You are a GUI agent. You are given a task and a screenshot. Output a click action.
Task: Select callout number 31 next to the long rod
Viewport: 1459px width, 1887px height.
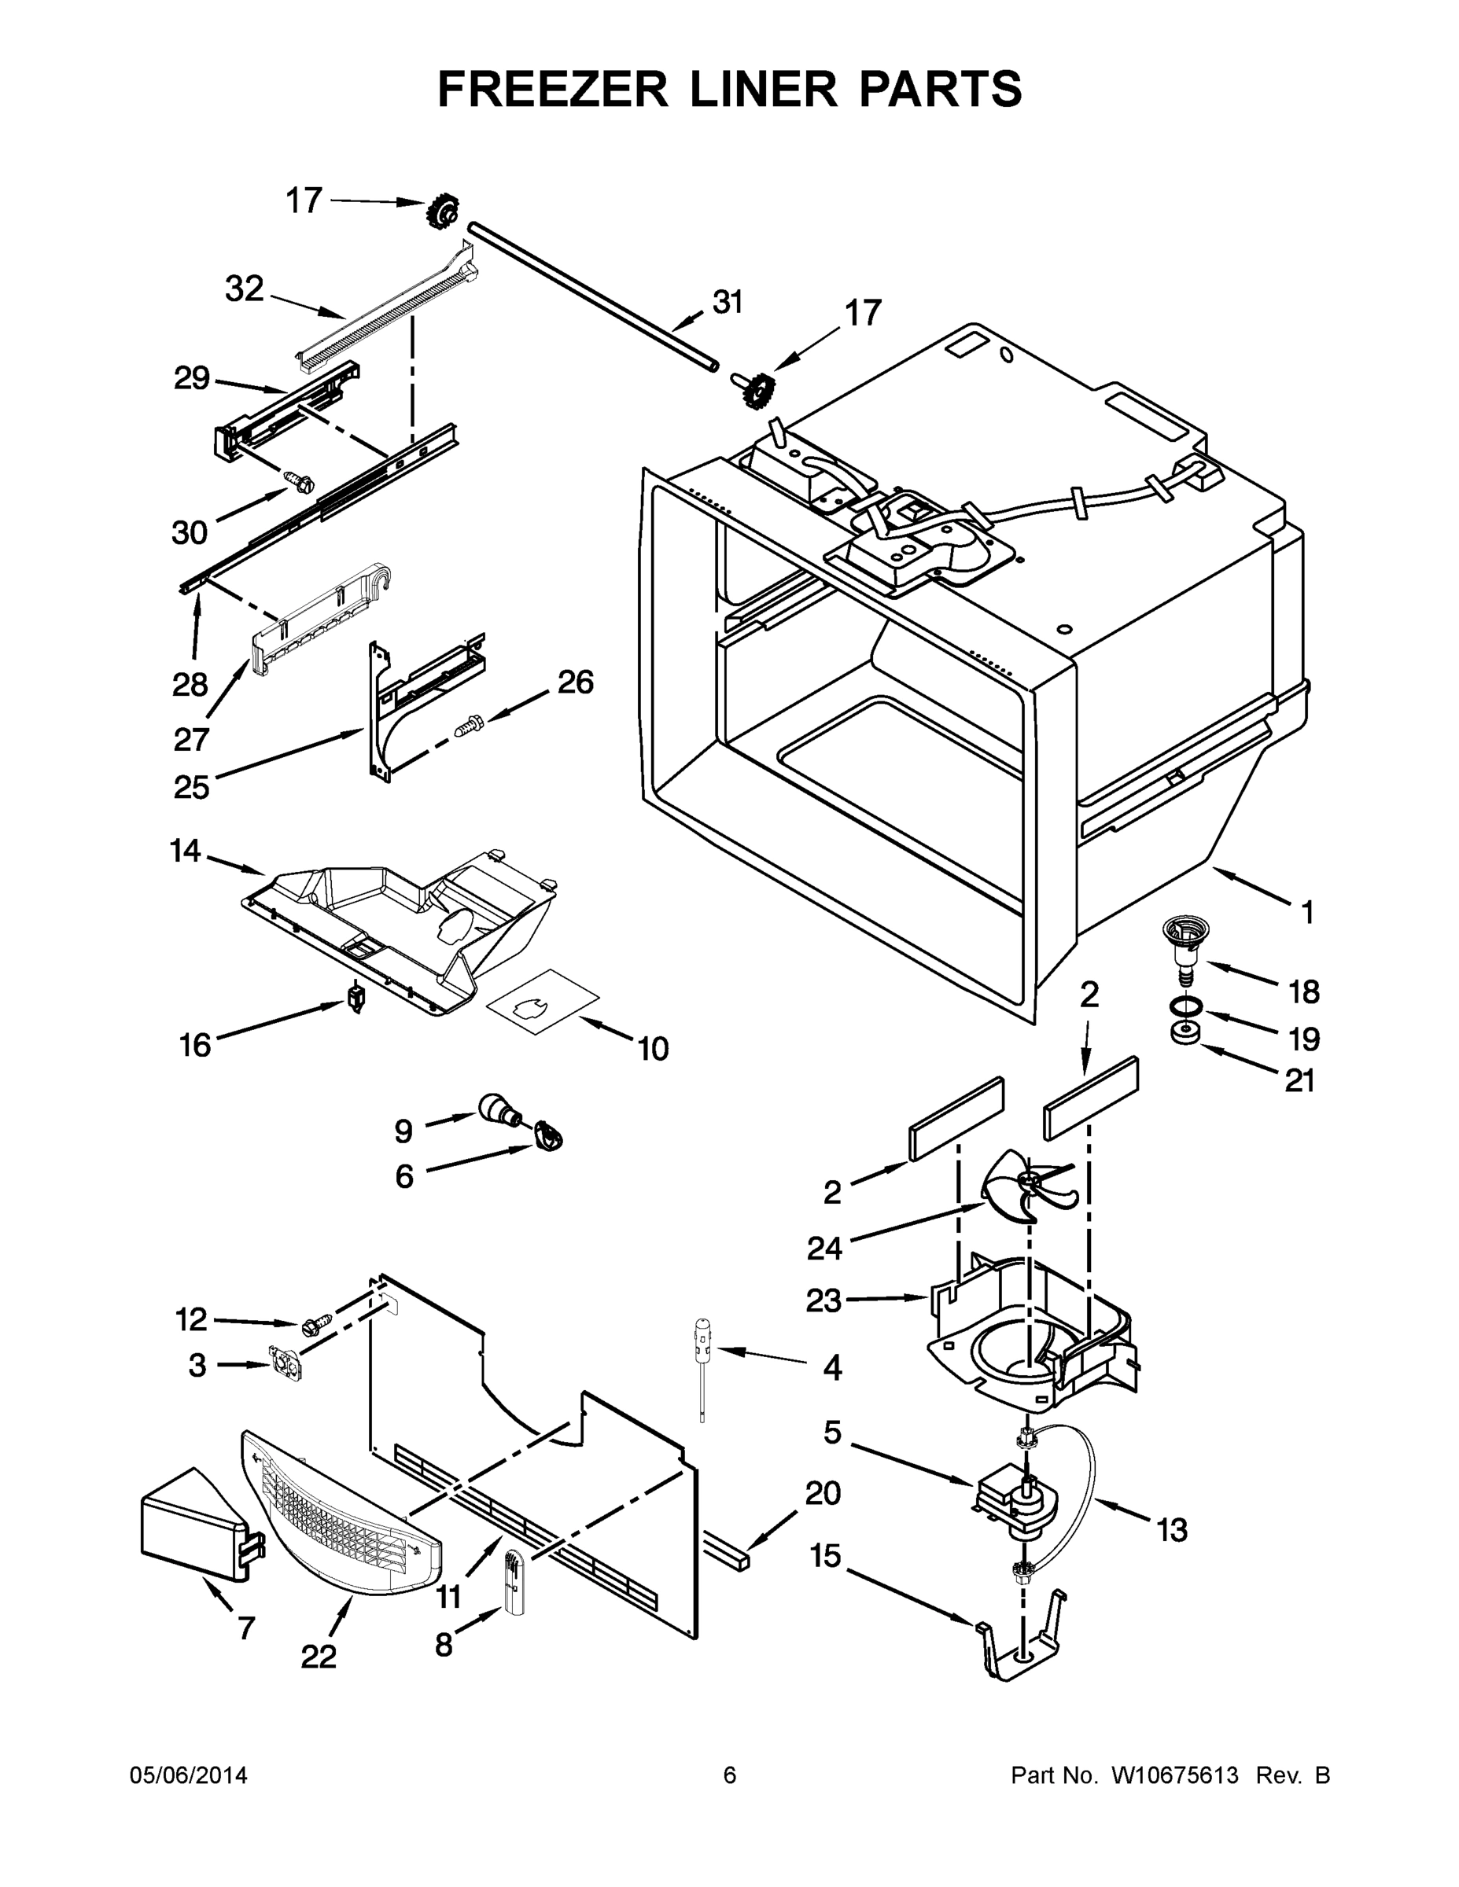(728, 303)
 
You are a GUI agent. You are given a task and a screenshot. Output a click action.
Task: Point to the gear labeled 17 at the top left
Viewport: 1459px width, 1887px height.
(443, 210)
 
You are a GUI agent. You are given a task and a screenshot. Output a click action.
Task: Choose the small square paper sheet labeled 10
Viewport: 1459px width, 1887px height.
(543, 1001)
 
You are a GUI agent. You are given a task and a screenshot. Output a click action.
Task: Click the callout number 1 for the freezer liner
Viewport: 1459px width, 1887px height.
(1308, 911)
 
